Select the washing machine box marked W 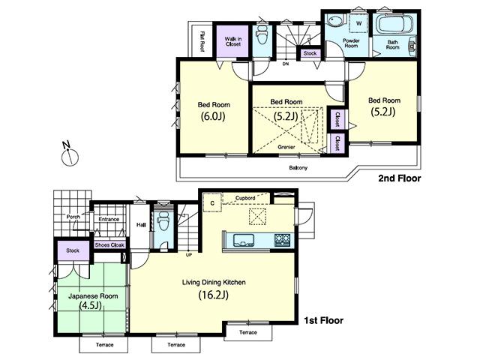click(x=358, y=23)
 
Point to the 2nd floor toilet click(x=262, y=36)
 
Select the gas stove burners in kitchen click(x=282, y=240)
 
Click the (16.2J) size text click(x=214, y=295)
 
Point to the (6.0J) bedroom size click(x=214, y=116)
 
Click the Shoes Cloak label click(x=109, y=245)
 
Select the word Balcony click(x=298, y=167)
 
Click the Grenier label click(x=286, y=148)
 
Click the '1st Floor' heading click(x=322, y=320)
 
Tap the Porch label click(x=73, y=217)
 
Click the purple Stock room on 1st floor click(x=73, y=250)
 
